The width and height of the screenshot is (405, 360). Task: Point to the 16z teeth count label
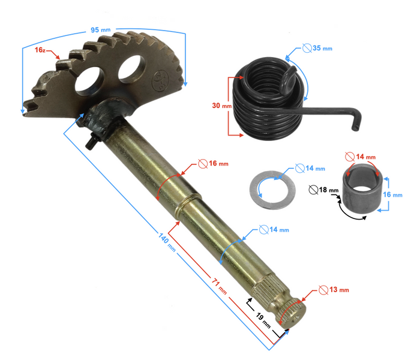41,50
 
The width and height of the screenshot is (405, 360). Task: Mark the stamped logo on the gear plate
161,77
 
